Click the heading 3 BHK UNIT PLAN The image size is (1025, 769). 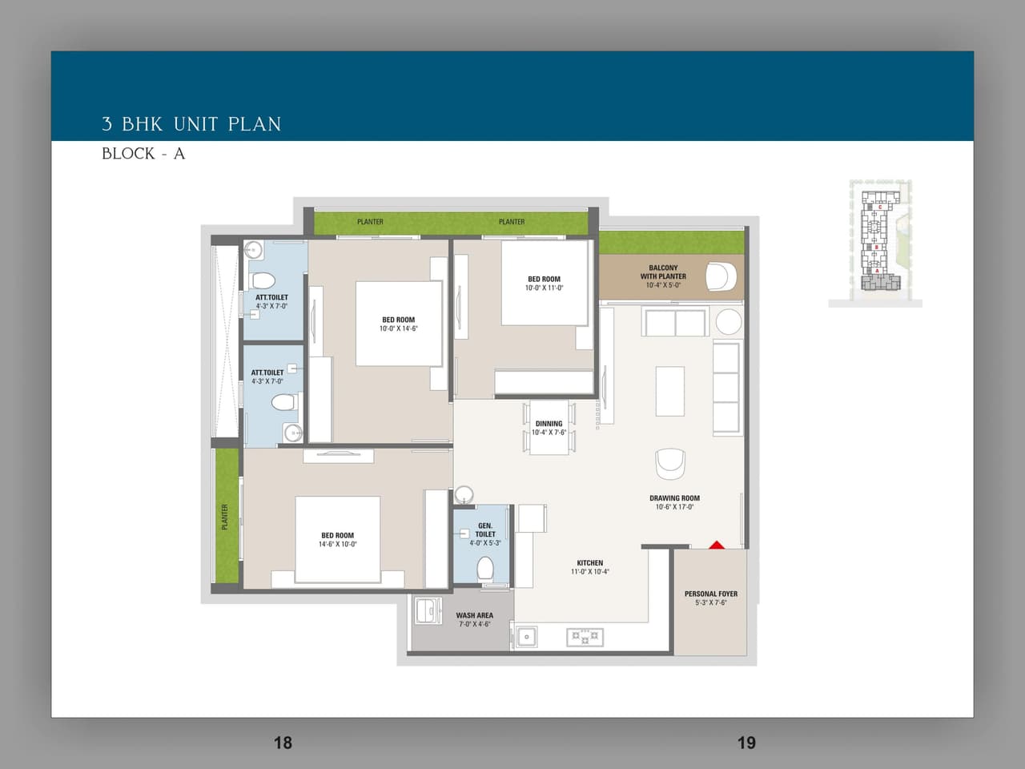coord(191,124)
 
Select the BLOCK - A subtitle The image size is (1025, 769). coord(143,154)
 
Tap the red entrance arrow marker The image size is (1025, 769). coord(717,545)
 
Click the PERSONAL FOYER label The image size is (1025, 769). coord(710,594)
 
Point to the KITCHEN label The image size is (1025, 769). coord(589,563)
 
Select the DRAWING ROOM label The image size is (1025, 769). coord(674,498)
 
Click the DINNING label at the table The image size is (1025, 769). coord(549,424)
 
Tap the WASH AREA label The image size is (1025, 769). coord(474,616)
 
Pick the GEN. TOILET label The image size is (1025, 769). coord(485,530)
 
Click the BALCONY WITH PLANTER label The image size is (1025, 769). coord(663,272)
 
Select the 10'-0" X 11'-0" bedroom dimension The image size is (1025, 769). coord(544,288)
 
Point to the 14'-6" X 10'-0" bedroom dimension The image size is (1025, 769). coord(337,545)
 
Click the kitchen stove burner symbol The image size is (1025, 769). coord(585,638)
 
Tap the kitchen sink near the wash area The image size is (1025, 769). coord(526,638)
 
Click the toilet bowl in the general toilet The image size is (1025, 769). coord(484,569)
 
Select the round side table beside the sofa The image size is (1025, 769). coord(729,321)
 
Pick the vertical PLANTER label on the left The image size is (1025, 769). coord(225,517)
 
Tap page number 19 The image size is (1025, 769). coord(746,743)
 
